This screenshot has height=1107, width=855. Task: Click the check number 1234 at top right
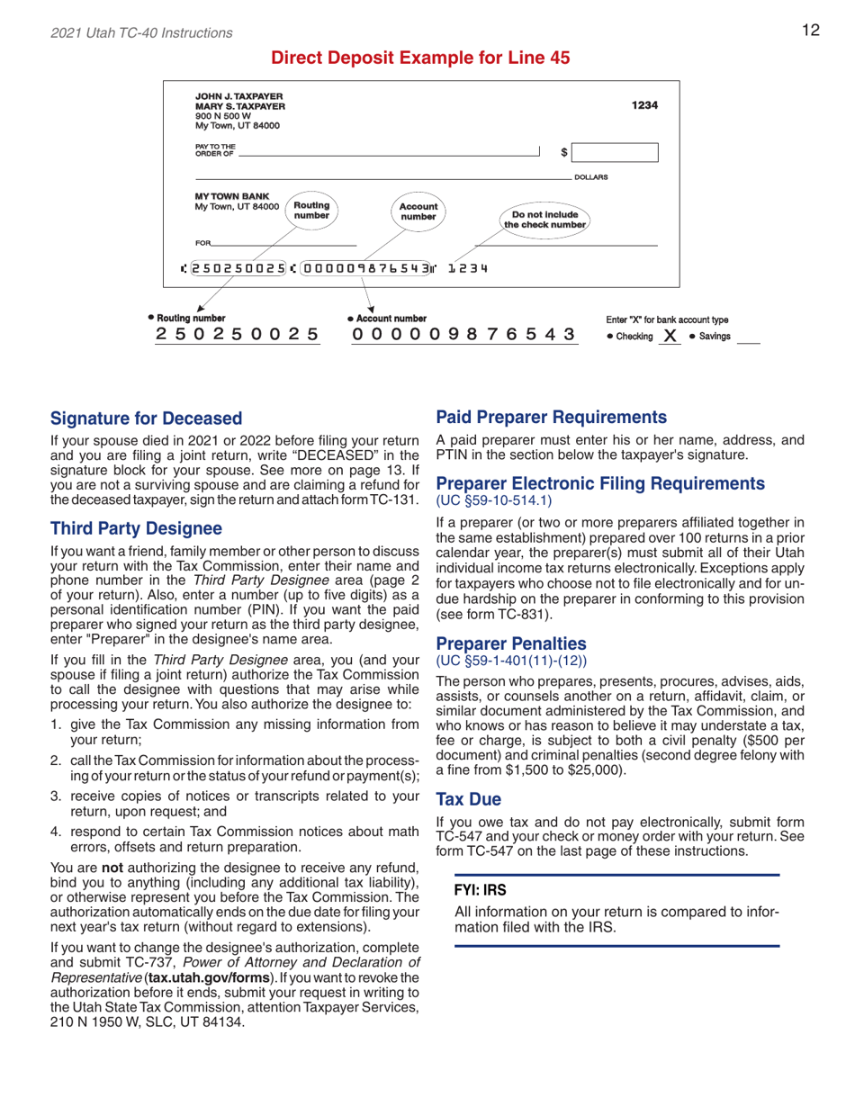[645, 104]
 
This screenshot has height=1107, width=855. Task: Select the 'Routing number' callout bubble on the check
[312, 211]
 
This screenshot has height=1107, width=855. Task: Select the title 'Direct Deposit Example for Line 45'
[420, 58]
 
